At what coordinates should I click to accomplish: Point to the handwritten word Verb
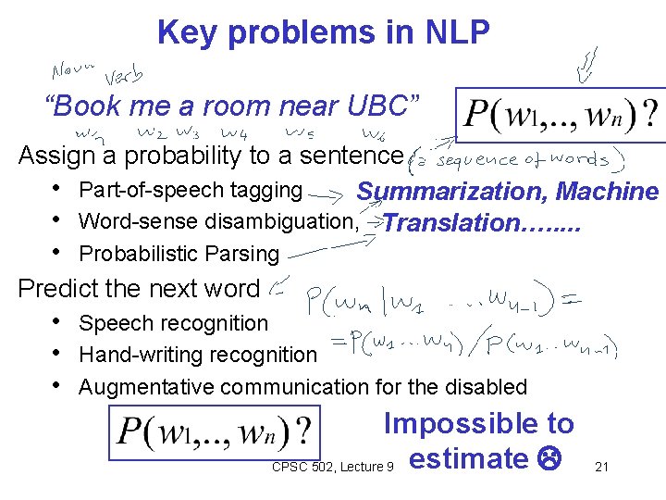pos(126,76)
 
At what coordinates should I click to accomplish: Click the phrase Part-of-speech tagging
pos(191,191)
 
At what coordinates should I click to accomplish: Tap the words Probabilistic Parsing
pos(179,254)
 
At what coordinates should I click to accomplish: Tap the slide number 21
pos(601,467)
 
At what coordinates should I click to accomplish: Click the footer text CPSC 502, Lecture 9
pos(333,467)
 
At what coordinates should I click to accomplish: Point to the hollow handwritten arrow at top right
pos(588,65)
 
